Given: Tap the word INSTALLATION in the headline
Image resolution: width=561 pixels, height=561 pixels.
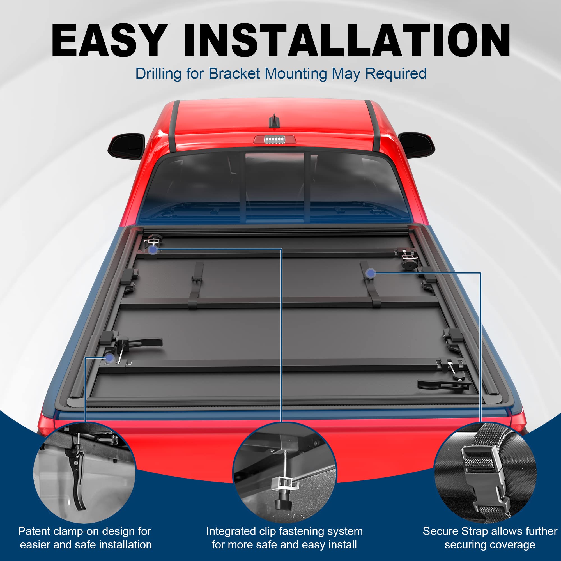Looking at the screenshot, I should point(347,40).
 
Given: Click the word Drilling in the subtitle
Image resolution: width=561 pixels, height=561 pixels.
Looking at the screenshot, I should point(158,74).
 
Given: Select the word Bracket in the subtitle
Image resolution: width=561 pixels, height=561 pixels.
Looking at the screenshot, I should point(234,74).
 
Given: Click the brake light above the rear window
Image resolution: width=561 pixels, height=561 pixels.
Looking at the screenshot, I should point(274,140).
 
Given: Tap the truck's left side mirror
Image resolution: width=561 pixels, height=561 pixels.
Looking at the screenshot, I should point(127,146).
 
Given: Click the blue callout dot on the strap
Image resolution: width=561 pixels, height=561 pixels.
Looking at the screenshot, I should point(371,273).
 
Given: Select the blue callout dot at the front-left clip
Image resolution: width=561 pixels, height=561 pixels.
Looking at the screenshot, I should point(153,249).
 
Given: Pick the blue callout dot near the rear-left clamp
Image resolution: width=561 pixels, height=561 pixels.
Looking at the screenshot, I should point(109,358).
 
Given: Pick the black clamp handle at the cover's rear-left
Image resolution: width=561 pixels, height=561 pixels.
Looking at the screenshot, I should point(147,342).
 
